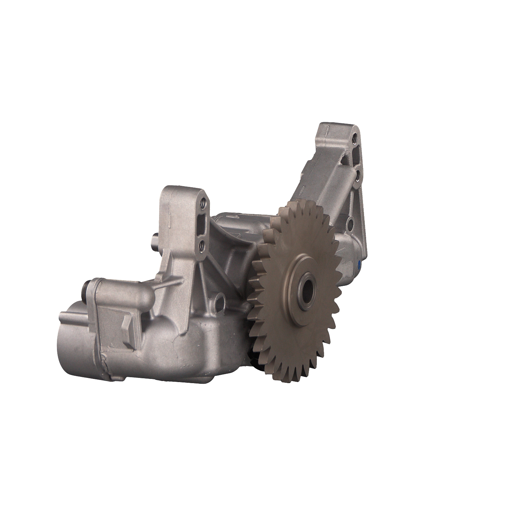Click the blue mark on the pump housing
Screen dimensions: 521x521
pos(359,265)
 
